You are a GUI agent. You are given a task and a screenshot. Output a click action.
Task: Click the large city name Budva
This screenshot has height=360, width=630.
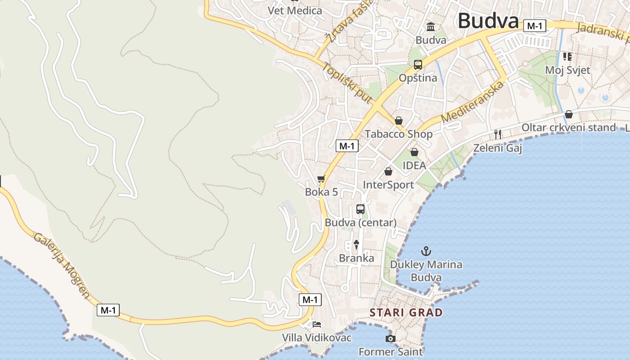(x=488, y=21)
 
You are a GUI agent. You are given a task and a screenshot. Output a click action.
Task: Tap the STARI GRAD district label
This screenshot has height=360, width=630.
(x=406, y=312)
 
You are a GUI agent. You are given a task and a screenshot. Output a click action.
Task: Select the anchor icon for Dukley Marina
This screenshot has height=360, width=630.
(x=426, y=251)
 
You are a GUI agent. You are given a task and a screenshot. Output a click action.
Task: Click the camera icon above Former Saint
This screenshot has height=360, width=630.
(x=390, y=338)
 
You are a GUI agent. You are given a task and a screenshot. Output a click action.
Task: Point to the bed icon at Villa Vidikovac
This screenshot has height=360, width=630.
(x=317, y=324)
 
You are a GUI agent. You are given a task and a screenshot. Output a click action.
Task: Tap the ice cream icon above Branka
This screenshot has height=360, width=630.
(x=356, y=245)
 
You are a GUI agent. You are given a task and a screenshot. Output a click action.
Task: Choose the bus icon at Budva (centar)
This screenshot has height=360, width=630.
(x=360, y=209)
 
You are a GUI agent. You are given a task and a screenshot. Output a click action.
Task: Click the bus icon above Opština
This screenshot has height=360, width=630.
(x=418, y=64)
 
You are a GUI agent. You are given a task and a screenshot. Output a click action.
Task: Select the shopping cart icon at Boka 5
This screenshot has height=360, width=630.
(x=321, y=179)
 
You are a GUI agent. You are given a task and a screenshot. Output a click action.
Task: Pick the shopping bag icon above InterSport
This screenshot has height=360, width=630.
(x=388, y=171)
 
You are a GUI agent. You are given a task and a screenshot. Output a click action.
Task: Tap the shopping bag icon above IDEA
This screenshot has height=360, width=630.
(x=414, y=152)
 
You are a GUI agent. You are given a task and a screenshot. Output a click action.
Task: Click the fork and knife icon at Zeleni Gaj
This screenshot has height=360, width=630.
(x=498, y=134)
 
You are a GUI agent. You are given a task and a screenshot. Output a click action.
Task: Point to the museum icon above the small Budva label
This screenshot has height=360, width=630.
(x=431, y=27)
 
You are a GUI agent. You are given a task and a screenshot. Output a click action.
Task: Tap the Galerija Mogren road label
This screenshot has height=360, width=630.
(x=62, y=265)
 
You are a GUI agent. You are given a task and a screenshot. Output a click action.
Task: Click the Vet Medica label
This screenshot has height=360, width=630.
(x=295, y=10)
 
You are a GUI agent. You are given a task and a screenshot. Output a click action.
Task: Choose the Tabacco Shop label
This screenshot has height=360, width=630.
(x=398, y=134)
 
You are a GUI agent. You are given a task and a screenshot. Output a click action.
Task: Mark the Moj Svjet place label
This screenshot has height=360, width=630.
(x=567, y=70)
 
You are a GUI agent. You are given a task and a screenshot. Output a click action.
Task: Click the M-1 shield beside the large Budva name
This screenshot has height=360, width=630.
(x=535, y=26)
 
